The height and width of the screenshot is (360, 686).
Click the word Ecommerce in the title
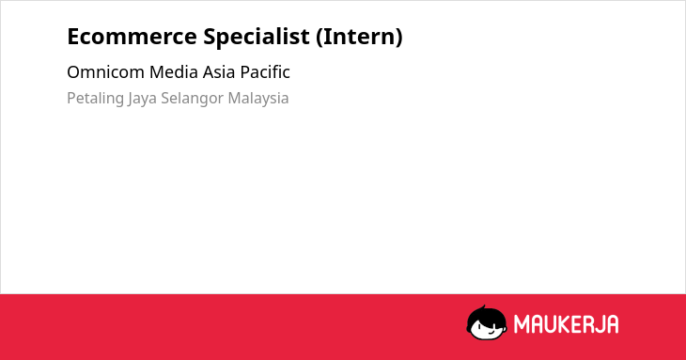(132, 37)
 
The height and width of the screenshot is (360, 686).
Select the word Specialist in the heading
(257, 37)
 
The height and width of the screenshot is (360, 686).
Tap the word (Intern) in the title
(359, 37)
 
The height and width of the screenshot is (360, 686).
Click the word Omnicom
(105, 72)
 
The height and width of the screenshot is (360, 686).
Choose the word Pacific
(265, 72)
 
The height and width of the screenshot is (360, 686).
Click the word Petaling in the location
(95, 99)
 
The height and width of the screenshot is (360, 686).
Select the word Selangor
(192, 99)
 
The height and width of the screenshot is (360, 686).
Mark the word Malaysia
(258, 99)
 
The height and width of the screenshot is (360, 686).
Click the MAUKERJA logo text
(566, 324)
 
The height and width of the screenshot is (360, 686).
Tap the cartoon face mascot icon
(487, 323)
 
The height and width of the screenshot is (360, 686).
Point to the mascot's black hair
(486, 315)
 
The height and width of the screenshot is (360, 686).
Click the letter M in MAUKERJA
(522, 324)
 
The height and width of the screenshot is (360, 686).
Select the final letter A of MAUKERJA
(612, 324)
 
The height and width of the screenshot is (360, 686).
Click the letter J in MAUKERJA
(598, 324)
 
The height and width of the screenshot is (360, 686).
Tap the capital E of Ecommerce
(73, 37)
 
